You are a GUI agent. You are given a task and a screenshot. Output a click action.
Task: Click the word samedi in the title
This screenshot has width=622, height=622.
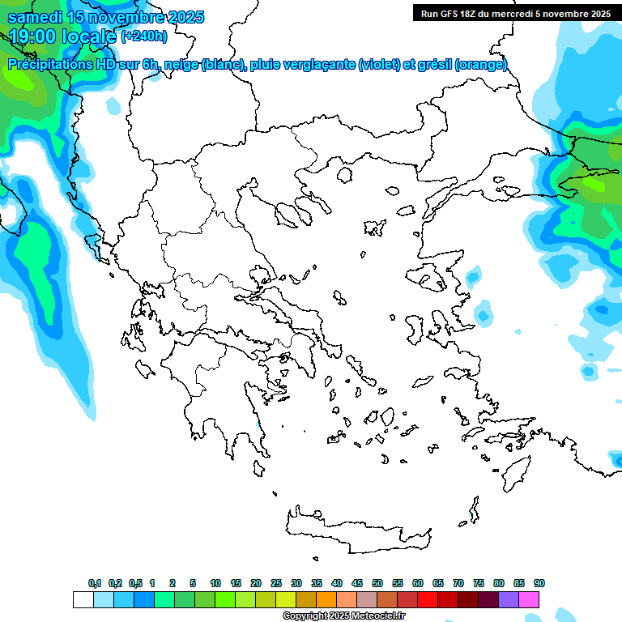click(36, 17)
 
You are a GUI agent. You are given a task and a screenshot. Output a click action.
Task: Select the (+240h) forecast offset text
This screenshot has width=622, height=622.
click(144, 36)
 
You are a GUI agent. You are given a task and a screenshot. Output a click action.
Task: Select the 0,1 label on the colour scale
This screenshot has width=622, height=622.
click(95, 584)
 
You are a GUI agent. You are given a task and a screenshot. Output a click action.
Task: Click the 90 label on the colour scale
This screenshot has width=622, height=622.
click(539, 584)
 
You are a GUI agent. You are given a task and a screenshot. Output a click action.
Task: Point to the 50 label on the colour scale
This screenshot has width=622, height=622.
click(377, 584)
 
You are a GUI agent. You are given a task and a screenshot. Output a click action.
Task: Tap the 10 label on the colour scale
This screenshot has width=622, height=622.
click(215, 584)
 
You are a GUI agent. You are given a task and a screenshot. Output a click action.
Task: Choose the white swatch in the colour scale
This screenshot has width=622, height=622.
click(83, 599)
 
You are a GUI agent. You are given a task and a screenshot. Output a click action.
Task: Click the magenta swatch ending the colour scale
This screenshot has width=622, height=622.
click(530, 599)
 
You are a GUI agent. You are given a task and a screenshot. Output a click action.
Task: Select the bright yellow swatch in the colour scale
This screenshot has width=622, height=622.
click(285, 599)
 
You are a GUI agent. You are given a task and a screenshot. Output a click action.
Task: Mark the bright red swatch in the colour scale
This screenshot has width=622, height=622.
click(428, 599)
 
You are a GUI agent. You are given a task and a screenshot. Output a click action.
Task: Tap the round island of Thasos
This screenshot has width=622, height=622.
click(344, 175)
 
